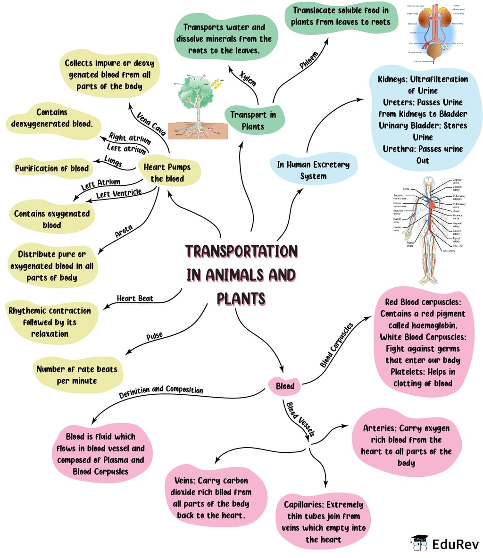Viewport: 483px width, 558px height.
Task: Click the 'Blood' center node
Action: pos(285,386)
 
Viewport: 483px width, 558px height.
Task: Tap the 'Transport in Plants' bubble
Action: pos(253,120)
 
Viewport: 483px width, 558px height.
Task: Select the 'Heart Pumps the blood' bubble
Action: pos(167,173)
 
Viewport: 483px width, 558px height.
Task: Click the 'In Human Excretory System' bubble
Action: pos(313,170)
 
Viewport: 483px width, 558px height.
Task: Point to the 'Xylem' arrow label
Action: pos(248,79)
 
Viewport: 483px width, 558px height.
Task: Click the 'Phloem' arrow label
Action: pos(309,60)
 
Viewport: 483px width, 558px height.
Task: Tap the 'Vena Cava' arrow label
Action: pos(151,124)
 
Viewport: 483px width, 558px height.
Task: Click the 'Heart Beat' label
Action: pos(135,298)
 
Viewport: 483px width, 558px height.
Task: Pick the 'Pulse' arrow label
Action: pos(154,336)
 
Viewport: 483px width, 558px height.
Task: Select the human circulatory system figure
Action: pos(429,229)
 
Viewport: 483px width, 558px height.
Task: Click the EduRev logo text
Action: pos(455,544)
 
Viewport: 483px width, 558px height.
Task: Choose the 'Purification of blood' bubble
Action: pos(52,168)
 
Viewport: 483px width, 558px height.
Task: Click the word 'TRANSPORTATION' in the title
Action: pos(241,251)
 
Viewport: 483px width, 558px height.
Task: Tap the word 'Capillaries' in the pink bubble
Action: pos(304,505)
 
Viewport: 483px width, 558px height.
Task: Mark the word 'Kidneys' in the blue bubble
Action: pos(392,79)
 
